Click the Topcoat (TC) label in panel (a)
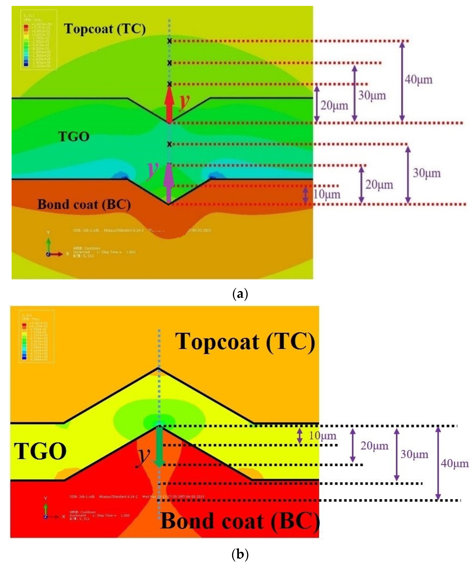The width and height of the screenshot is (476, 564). (105, 29)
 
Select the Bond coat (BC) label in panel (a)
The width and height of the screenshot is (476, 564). (84, 204)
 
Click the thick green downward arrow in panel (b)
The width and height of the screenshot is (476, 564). (159, 446)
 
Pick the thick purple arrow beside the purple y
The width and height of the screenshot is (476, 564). (169, 183)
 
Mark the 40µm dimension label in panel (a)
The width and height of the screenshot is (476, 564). (419, 80)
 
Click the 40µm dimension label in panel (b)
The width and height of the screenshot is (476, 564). (455, 463)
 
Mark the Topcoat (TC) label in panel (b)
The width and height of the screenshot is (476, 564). (245, 342)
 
